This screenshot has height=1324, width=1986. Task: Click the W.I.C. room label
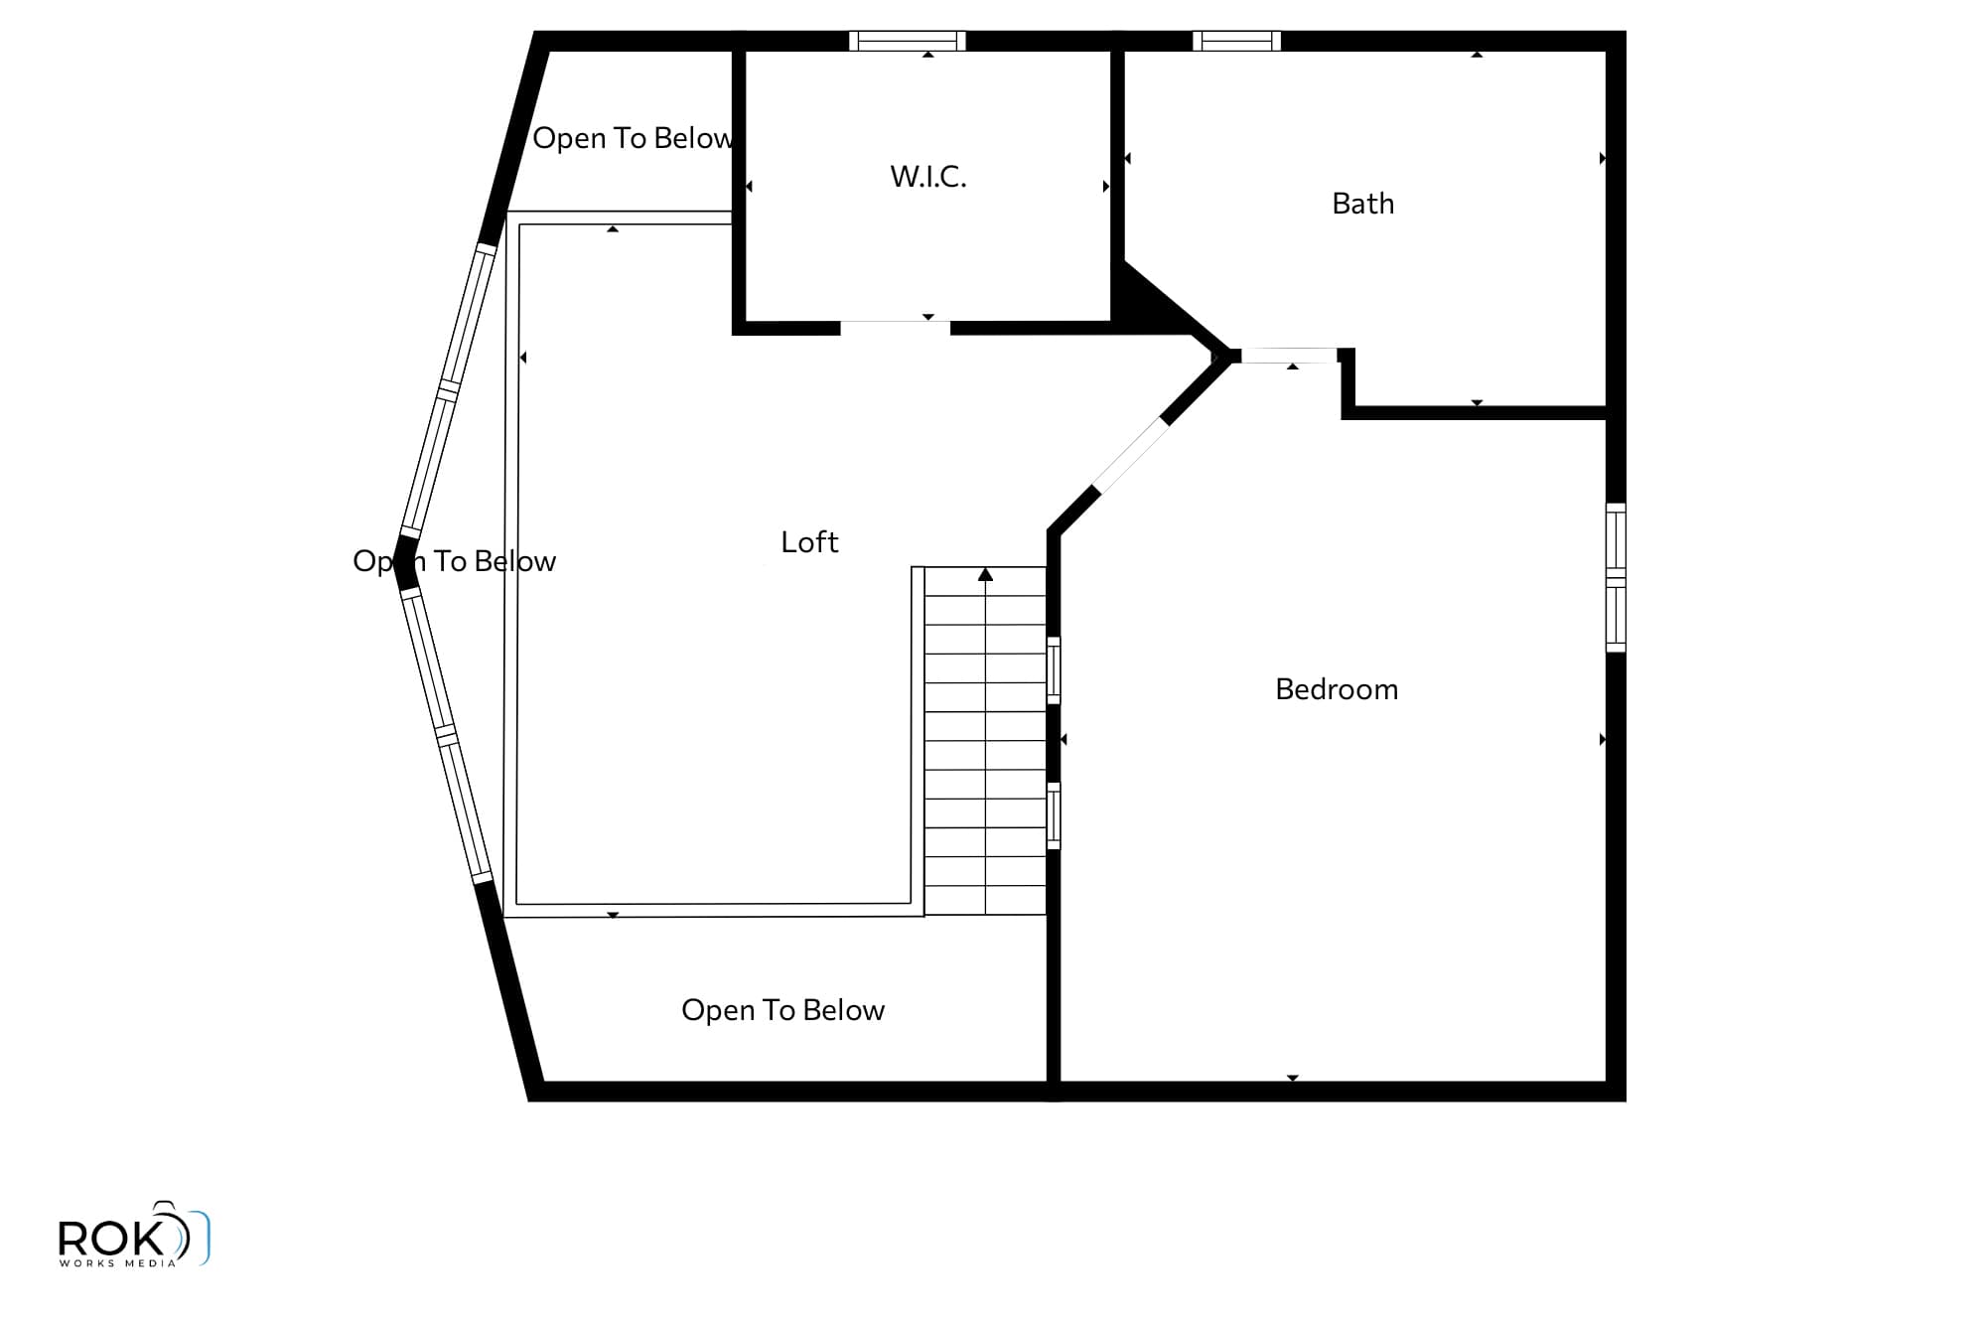click(928, 177)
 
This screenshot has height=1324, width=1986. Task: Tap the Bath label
click(1362, 204)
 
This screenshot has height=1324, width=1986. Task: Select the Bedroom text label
click(1337, 689)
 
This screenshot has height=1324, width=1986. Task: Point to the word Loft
click(809, 542)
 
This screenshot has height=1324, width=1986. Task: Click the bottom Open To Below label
click(782, 1010)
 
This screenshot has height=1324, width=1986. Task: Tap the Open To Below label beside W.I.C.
click(634, 138)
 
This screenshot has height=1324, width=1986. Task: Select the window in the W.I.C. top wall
click(908, 41)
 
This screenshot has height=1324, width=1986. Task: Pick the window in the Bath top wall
click(1236, 41)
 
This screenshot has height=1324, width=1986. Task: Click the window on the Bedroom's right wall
click(1616, 578)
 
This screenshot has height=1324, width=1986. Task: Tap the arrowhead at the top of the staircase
click(985, 574)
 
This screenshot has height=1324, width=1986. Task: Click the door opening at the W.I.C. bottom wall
click(895, 328)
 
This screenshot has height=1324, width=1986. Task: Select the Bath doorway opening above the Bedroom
click(1289, 355)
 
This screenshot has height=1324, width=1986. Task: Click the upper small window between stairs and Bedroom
click(1054, 670)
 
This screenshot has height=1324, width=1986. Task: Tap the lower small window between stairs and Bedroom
click(1054, 816)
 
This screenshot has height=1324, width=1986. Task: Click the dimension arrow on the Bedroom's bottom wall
click(1293, 1078)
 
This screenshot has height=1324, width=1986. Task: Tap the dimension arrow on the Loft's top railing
click(613, 229)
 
